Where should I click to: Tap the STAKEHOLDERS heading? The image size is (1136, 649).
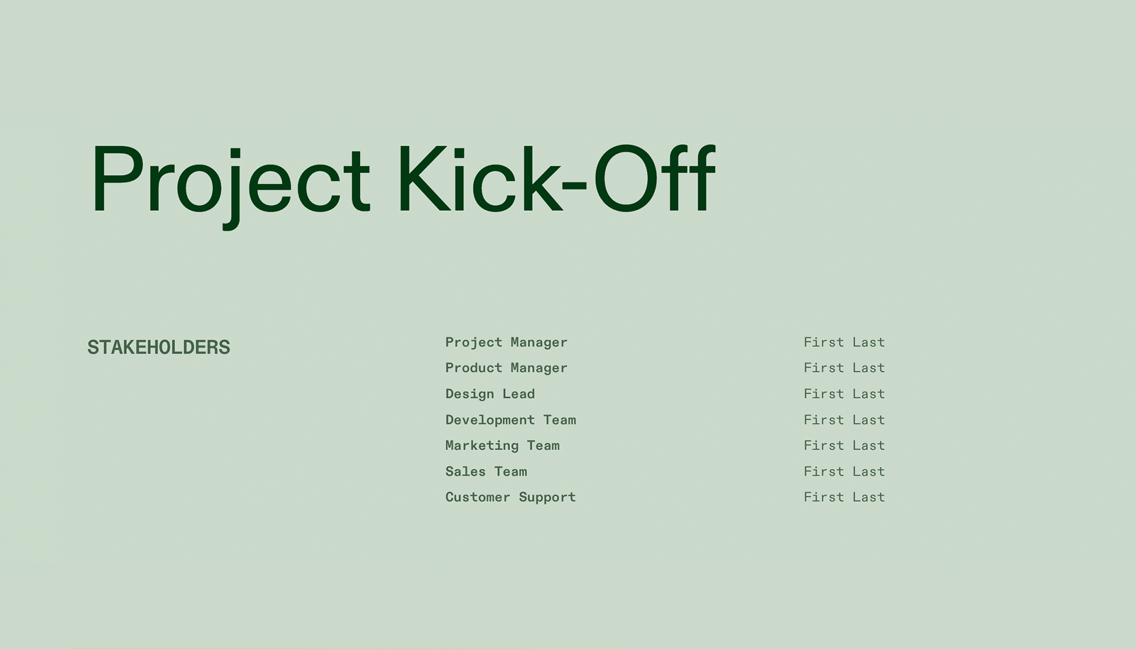click(x=159, y=347)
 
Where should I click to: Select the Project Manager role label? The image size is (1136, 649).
click(x=506, y=343)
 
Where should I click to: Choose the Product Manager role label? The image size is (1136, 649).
click(x=506, y=368)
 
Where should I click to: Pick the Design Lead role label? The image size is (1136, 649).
click(x=490, y=394)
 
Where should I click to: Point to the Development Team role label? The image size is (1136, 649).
click(x=510, y=420)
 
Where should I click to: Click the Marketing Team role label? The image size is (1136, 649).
click(x=502, y=446)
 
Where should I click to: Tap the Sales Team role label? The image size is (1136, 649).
click(x=486, y=472)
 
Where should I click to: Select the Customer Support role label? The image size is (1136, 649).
click(x=510, y=498)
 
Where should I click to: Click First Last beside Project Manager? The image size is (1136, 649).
click(x=844, y=343)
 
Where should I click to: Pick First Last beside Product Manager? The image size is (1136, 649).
click(x=844, y=368)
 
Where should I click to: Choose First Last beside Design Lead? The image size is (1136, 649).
click(x=844, y=394)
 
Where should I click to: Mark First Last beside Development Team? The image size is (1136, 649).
click(x=844, y=420)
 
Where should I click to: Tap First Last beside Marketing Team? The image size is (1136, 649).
click(x=844, y=446)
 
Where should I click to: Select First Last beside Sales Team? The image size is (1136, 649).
click(x=844, y=472)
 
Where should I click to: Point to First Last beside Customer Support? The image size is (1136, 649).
click(x=844, y=498)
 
